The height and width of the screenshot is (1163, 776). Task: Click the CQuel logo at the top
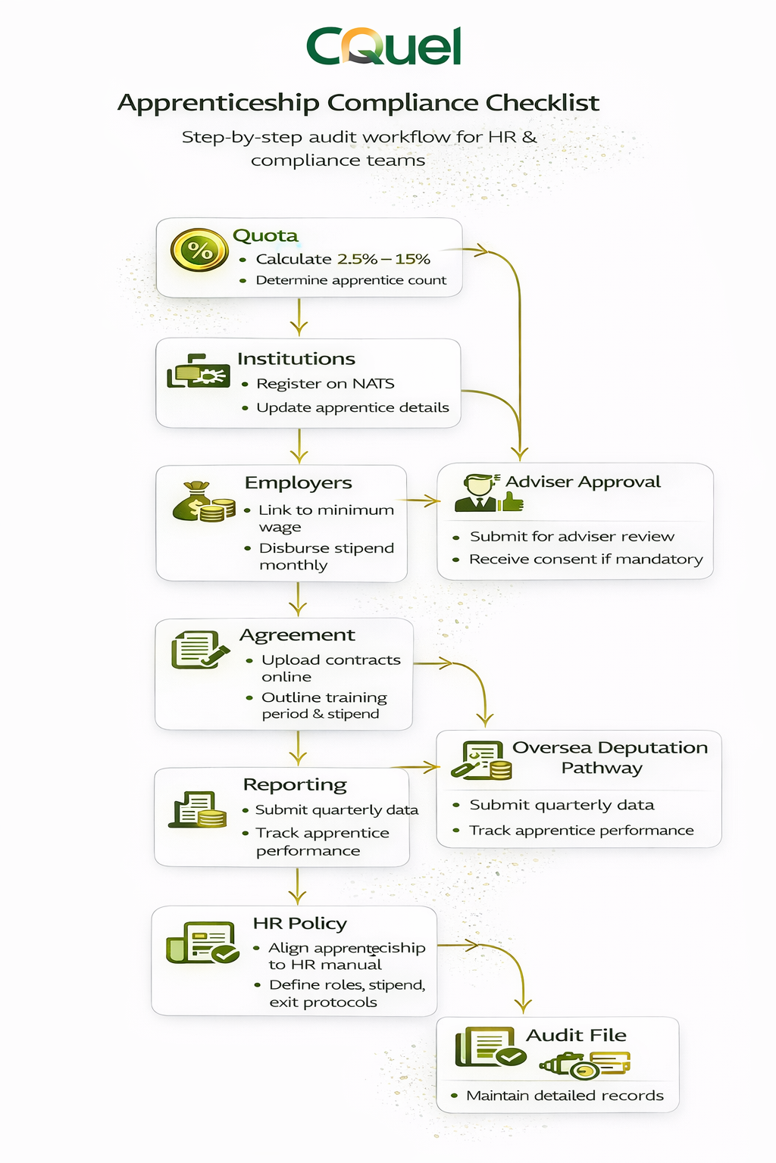click(383, 46)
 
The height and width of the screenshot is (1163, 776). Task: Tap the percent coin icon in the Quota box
click(199, 250)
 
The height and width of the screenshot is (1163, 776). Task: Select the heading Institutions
click(296, 359)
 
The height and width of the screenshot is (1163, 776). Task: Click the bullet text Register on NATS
click(325, 384)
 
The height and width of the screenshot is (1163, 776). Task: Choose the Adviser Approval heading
click(583, 482)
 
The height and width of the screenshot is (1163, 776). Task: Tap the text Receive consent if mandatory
click(586, 560)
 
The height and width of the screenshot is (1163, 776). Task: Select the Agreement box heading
click(297, 635)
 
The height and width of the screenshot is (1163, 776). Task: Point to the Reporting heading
click(295, 784)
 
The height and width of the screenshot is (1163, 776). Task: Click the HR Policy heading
click(300, 924)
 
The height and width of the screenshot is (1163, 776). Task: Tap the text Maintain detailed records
click(565, 1096)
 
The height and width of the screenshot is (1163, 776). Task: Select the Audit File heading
click(577, 1036)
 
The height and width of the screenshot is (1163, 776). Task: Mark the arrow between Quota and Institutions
click(299, 316)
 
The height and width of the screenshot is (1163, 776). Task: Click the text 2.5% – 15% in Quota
click(383, 259)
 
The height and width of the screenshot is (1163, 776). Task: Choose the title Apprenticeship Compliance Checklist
click(358, 102)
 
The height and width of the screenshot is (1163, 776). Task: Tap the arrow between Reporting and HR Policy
click(298, 886)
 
